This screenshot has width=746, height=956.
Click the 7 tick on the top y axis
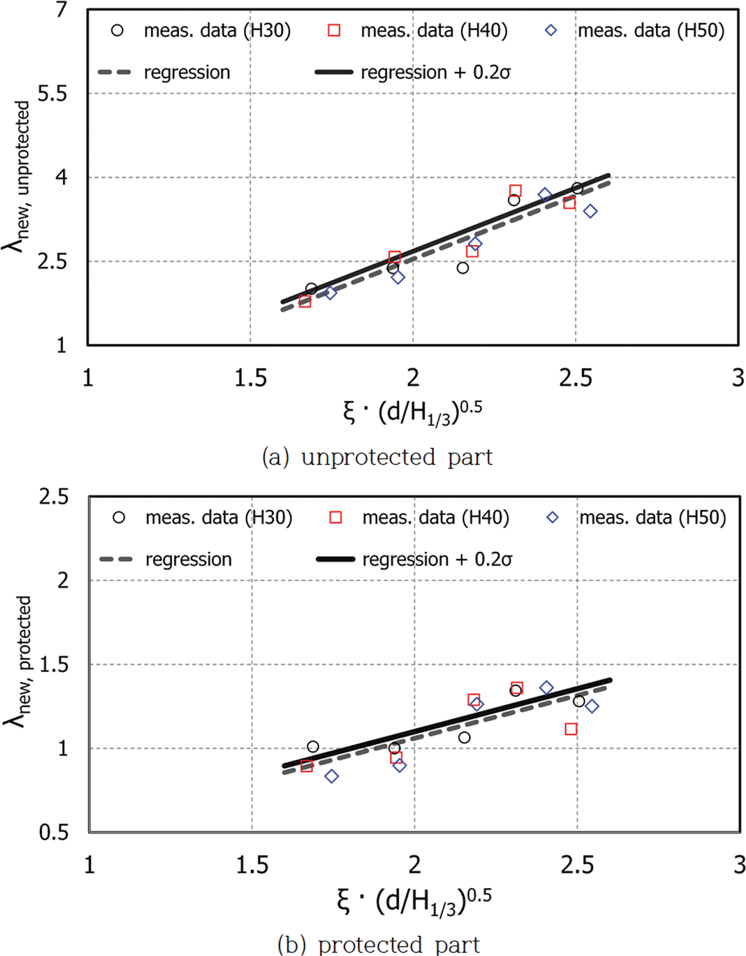click(62, 9)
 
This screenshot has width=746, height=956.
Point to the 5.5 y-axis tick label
click(52, 94)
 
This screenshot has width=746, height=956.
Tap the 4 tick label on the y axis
click(62, 178)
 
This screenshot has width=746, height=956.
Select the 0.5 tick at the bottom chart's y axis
click(54, 832)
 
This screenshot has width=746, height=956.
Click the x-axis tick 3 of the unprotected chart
click(738, 378)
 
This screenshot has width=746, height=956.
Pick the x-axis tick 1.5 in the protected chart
click(252, 865)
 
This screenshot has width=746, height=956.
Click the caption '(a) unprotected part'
click(377, 457)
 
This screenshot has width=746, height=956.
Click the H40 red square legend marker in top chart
click(334, 31)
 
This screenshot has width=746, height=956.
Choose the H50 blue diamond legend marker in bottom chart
click(552, 518)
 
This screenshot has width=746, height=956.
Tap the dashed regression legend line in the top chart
click(114, 73)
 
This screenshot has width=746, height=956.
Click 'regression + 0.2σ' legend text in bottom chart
click(437, 560)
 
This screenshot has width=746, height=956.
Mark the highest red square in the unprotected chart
click(515, 191)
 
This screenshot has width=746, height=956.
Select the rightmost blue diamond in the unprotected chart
click(590, 211)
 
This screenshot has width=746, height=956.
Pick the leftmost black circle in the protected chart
click(313, 747)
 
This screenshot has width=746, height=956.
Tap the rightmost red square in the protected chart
click(571, 729)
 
